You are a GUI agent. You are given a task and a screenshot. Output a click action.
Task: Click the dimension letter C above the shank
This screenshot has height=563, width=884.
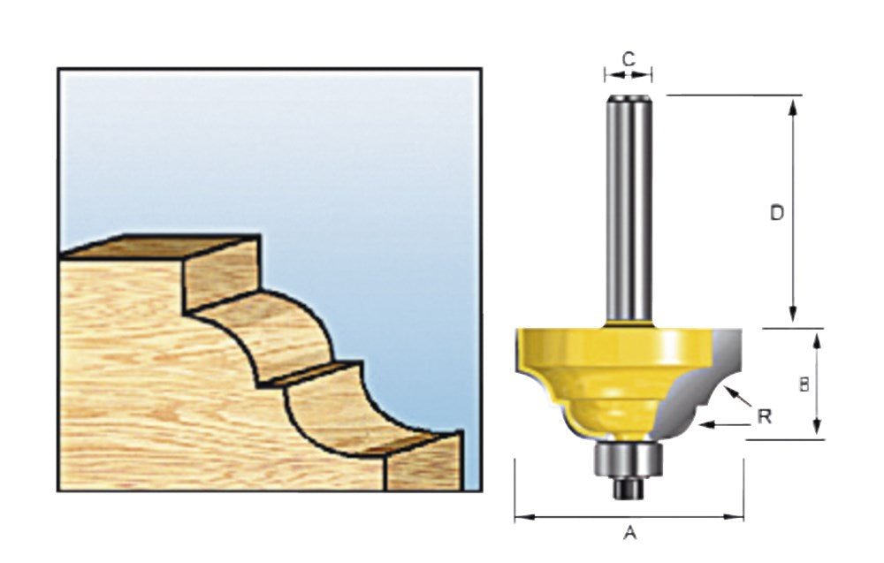point(628,58)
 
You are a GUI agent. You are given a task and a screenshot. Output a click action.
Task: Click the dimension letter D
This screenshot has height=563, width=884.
point(777,213)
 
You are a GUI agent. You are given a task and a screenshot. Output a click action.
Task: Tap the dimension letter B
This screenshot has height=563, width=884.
point(804,384)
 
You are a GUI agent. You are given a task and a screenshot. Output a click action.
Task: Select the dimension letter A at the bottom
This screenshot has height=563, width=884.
point(630,532)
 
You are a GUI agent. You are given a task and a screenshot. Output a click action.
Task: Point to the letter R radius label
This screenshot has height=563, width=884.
point(765,416)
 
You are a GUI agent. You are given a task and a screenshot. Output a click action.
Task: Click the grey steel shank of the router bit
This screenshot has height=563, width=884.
point(628,209)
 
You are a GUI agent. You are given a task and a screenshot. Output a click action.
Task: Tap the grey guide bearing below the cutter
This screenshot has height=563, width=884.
point(628,460)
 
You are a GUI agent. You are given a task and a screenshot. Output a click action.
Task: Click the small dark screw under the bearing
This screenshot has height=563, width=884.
point(628,489)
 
